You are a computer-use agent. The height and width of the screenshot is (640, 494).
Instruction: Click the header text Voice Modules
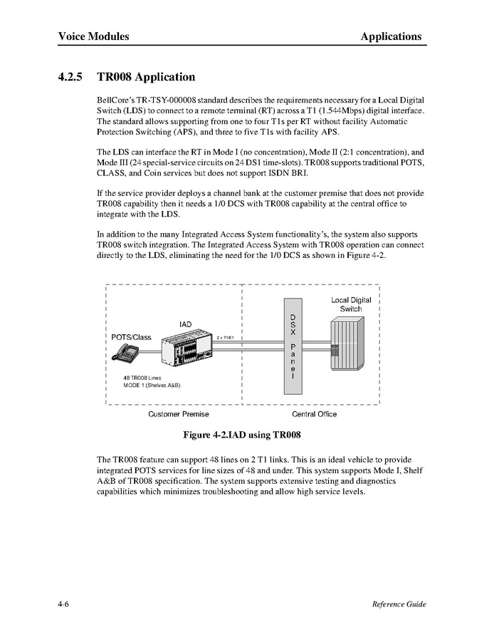[x=93, y=36]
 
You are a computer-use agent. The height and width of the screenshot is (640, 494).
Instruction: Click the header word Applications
[x=390, y=36]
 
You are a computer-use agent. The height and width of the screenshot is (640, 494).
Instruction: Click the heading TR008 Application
[x=146, y=77]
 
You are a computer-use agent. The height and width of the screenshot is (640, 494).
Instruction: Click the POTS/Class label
[x=132, y=337]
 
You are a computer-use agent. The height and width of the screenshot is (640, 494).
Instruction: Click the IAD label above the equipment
[x=185, y=325]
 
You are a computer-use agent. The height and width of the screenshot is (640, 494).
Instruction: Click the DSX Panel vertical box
[x=291, y=345]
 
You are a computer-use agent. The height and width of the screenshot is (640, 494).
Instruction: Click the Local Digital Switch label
[x=351, y=304]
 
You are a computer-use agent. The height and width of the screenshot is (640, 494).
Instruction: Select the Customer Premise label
[x=178, y=414]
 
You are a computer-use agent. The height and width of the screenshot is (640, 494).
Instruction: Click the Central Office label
[x=314, y=414]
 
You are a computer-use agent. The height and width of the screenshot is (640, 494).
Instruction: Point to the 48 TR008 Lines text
[x=142, y=378]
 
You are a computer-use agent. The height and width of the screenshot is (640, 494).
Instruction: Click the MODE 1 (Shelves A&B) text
[x=152, y=386]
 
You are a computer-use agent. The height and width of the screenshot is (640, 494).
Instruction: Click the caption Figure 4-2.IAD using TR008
[x=247, y=434]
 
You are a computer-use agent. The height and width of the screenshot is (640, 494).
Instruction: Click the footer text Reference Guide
[x=399, y=604]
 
